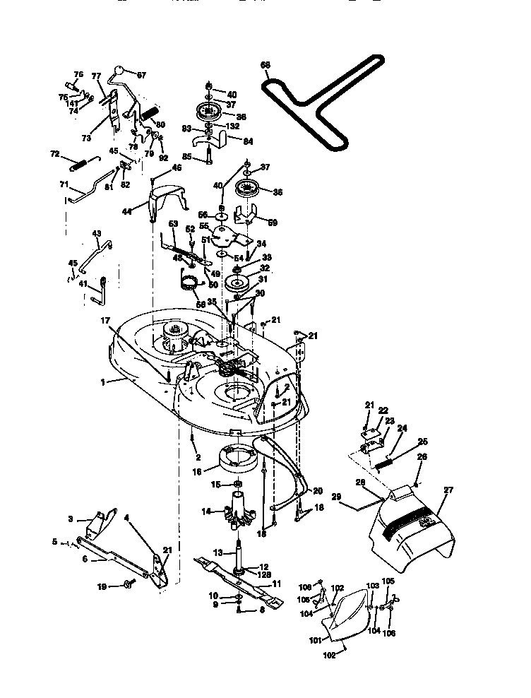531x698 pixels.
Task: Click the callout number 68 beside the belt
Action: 265,66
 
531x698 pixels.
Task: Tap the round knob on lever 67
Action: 121,71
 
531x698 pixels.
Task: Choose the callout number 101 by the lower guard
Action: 315,640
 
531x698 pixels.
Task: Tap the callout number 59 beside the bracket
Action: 273,222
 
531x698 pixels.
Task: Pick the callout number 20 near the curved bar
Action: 317,490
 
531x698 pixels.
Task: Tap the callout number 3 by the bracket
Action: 70,519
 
